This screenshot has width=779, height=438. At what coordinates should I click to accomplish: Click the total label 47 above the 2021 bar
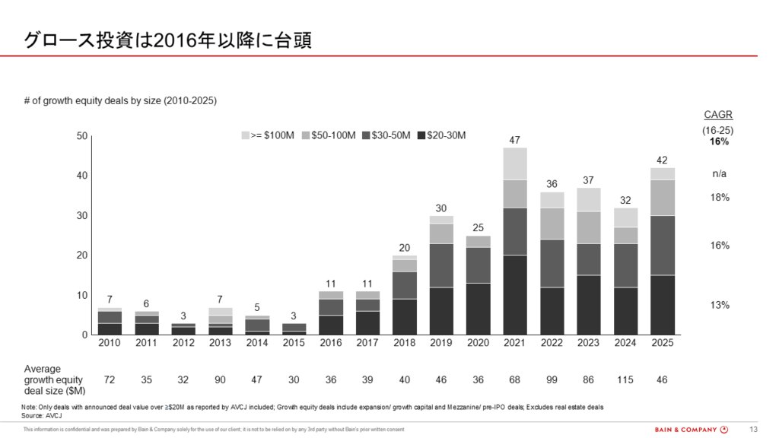(515, 140)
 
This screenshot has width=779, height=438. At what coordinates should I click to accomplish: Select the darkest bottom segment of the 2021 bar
(515, 295)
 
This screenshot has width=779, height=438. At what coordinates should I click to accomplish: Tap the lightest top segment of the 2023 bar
(588, 200)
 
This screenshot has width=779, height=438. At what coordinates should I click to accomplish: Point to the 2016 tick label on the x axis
(331, 343)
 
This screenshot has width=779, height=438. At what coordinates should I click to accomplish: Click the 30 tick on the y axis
(82, 215)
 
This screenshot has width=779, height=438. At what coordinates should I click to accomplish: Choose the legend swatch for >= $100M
(246, 135)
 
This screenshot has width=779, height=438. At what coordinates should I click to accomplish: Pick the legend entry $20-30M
(442, 135)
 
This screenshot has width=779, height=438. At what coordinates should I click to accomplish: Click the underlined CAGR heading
(718, 115)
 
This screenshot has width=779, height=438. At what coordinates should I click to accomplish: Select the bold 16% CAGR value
(719, 141)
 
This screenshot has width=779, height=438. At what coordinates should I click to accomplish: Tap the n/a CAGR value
(719, 174)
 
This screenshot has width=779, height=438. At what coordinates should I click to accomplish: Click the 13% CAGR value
(720, 306)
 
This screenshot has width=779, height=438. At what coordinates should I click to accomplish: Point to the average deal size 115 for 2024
(625, 380)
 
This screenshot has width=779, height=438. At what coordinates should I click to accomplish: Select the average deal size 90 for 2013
(220, 380)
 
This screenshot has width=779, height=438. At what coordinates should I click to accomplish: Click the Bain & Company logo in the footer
(692, 430)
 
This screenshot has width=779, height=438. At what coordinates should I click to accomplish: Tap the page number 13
(754, 430)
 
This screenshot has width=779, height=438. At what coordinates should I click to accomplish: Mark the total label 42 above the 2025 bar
(662, 160)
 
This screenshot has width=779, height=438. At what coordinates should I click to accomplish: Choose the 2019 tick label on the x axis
(441, 343)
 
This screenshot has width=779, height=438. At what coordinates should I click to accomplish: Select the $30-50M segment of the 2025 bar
(663, 246)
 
